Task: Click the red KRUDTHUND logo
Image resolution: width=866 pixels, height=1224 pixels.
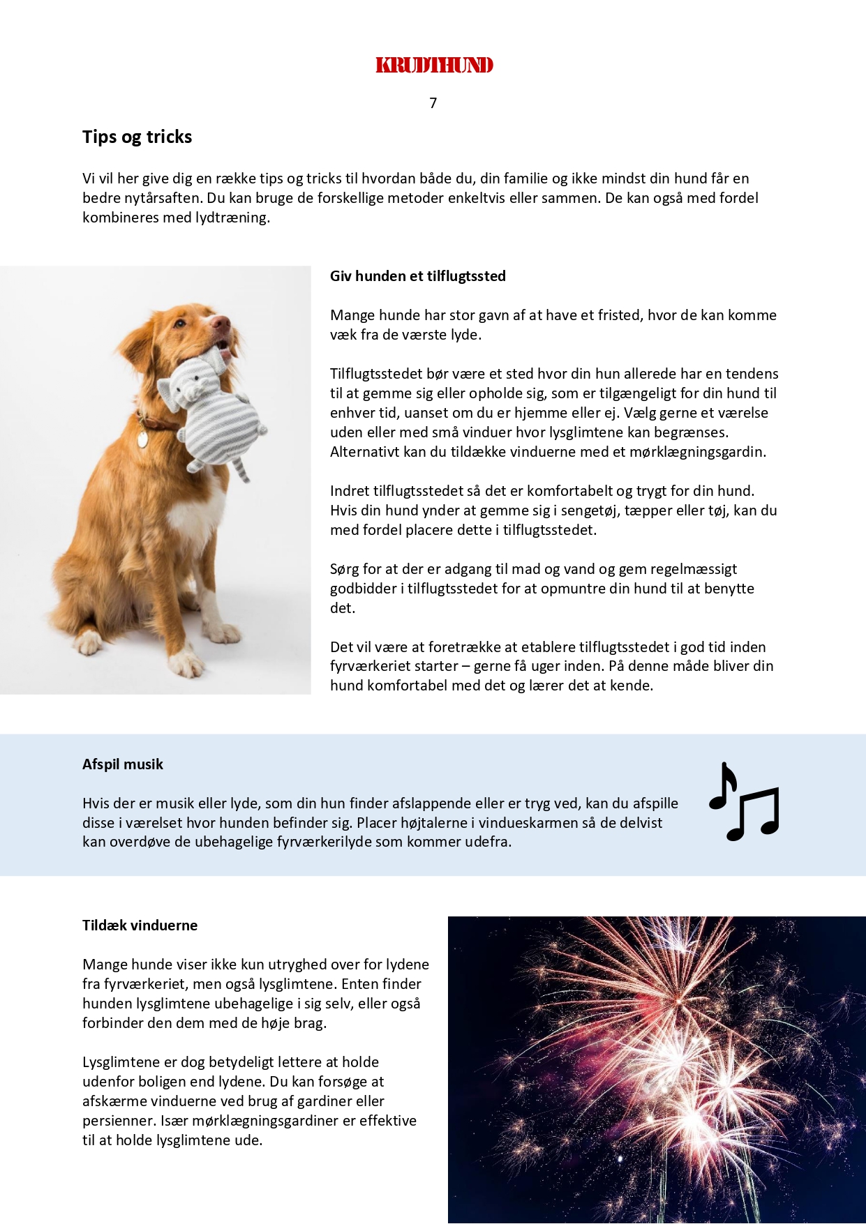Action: pyautogui.click(x=434, y=66)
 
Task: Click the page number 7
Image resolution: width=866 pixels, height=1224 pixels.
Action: pyautogui.click(x=433, y=103)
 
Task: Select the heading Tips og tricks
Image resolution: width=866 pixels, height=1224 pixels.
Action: pyautogui.click(x=137, y=137)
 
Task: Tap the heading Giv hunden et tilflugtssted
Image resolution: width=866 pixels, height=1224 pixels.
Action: pyautogui.click(x=417, y=276)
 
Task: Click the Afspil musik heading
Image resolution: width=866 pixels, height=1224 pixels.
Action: pyautogui.click(x=122, y=764)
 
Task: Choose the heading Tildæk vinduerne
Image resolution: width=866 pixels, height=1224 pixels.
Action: pyautogui.click(x=140, y=925)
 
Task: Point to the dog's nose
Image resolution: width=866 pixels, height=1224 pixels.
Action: pyautogui.click(x=221, y=322)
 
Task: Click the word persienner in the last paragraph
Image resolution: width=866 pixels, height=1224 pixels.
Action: pyautogui.click(x=118, y=1121)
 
